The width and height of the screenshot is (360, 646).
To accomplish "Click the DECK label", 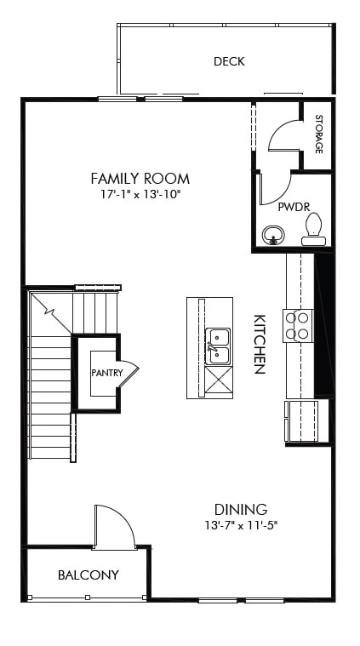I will tap(229, 61).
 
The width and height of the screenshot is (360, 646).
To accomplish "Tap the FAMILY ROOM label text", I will tap(140, 179).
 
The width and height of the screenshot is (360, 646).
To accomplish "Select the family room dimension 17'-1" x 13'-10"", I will tap(140, 195).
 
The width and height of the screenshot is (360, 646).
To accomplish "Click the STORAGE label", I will tap(318, 134).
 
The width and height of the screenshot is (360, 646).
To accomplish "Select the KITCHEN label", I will tap(260, 345).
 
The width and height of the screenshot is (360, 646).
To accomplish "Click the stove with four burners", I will tap(299, 325).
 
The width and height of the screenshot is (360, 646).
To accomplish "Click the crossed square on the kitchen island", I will tap(218, 380).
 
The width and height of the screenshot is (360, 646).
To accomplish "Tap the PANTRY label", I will tap(107, 373).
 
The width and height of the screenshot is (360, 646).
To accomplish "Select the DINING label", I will tap(241, 509).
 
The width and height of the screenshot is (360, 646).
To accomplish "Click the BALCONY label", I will tap(89, 575).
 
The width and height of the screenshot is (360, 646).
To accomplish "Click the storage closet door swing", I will tap(283, 136).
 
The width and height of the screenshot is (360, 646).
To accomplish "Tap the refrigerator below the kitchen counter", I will tap(306, 420).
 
